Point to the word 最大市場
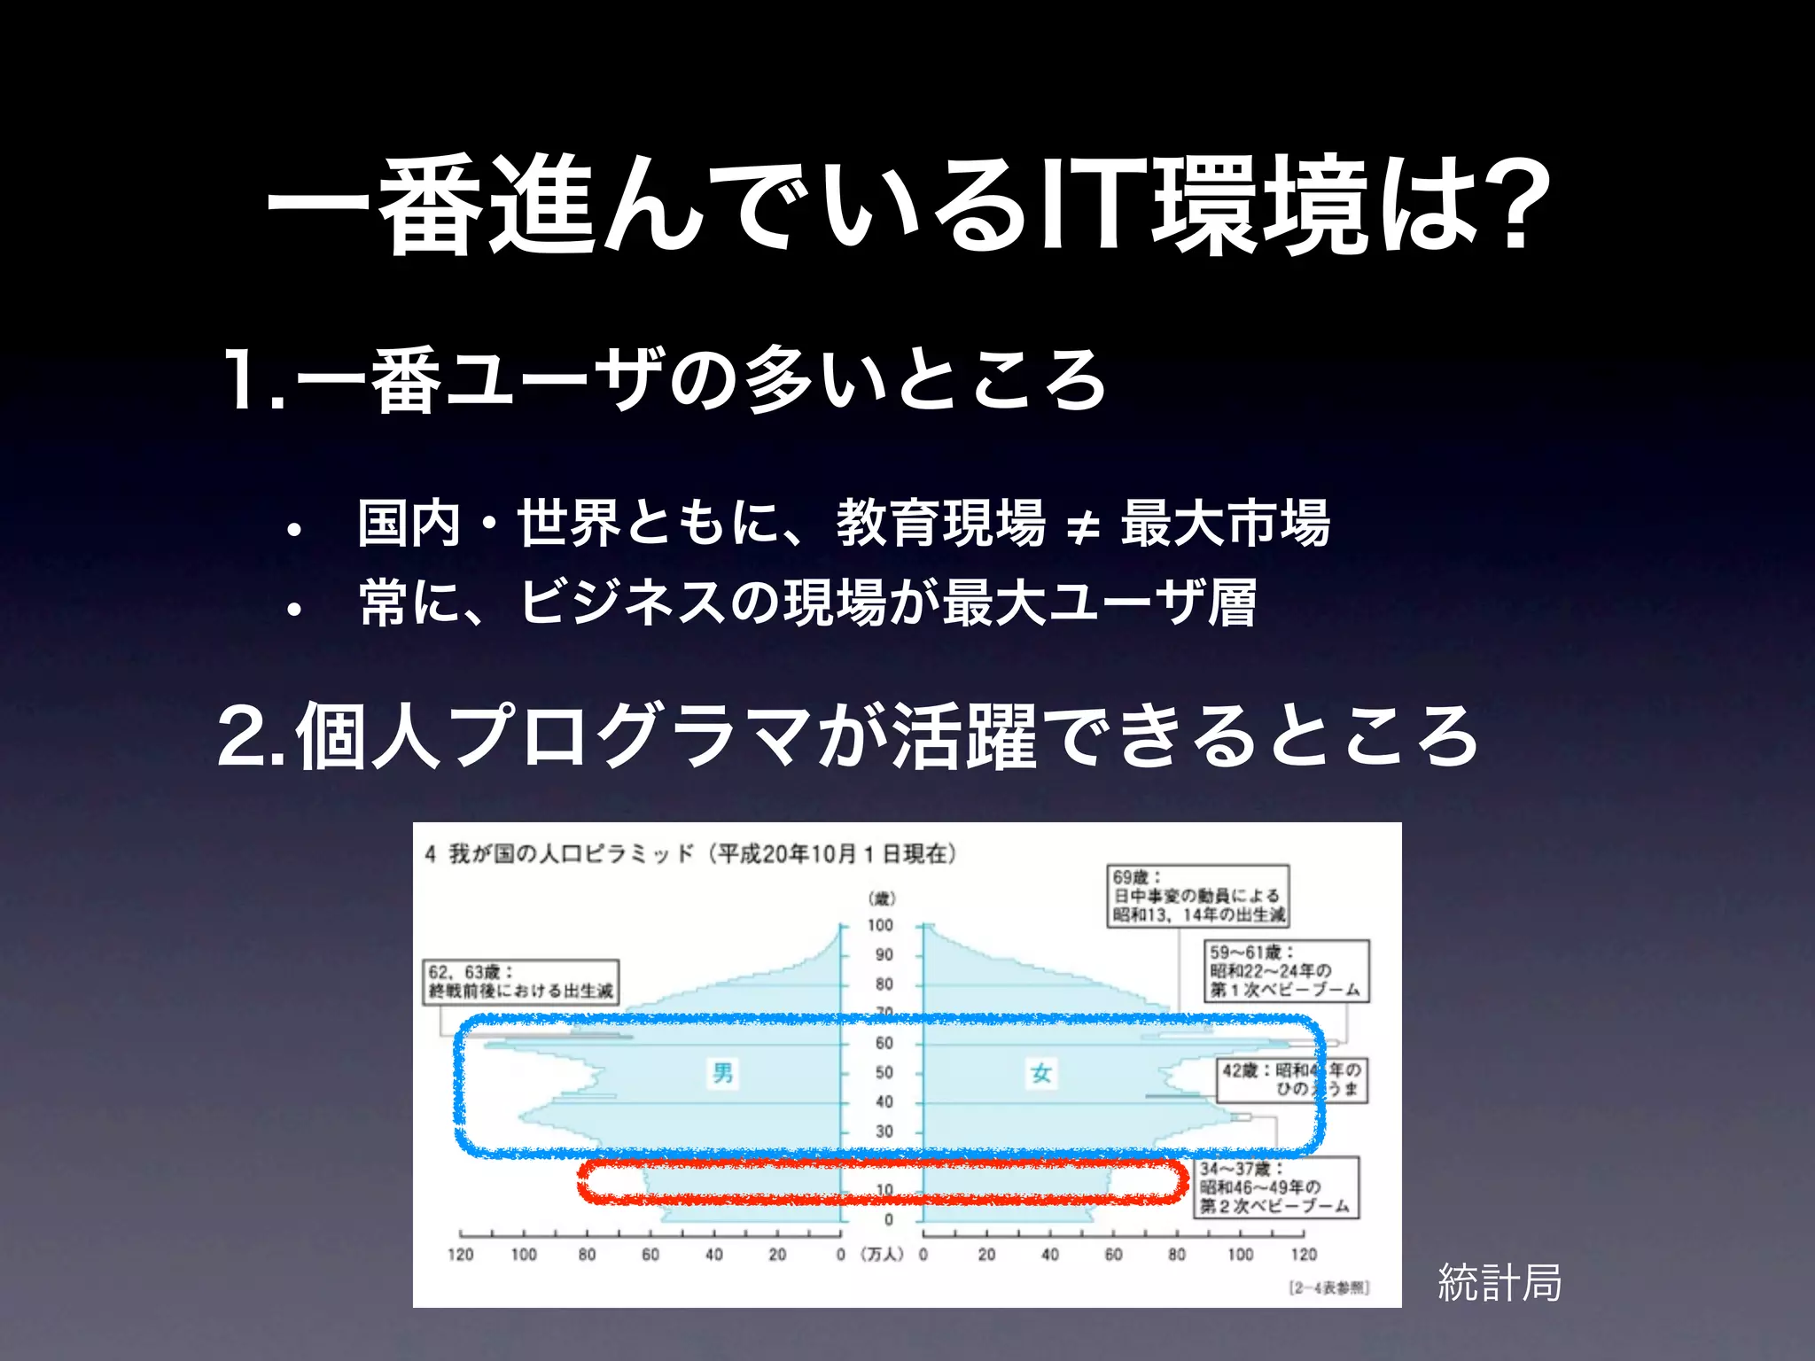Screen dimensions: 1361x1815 tap(1226, 523)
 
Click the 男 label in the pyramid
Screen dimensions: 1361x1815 tap(723, 1073)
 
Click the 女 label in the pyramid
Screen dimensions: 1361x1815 tap(1041, 1073)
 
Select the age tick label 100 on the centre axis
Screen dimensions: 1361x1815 tap(880, 925)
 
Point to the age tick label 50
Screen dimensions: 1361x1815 tap(884, 1072)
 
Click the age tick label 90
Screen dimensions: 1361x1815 tap(884, 954)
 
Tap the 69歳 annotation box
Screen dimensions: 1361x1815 tap(1198, 896)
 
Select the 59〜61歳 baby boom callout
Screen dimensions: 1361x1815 tap(1286, 971)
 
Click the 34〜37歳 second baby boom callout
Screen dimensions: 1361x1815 tap(1277, 1187)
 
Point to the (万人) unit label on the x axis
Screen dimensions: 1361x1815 tap(882, 1254)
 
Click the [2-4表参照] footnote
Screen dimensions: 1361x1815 tap(1328, 1287)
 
